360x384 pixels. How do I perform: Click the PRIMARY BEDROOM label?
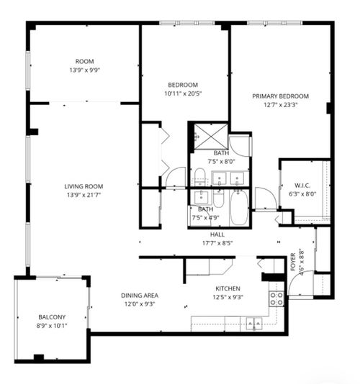[x=280, y=96]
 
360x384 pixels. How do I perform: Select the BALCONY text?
[x=52, y=317]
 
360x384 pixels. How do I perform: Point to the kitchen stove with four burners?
[x=276, y=298]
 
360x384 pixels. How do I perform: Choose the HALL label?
[x=217, y=234]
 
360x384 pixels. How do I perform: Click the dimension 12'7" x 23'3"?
[x=280, y=105]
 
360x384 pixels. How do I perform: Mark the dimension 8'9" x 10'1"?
[x=52, y=326]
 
